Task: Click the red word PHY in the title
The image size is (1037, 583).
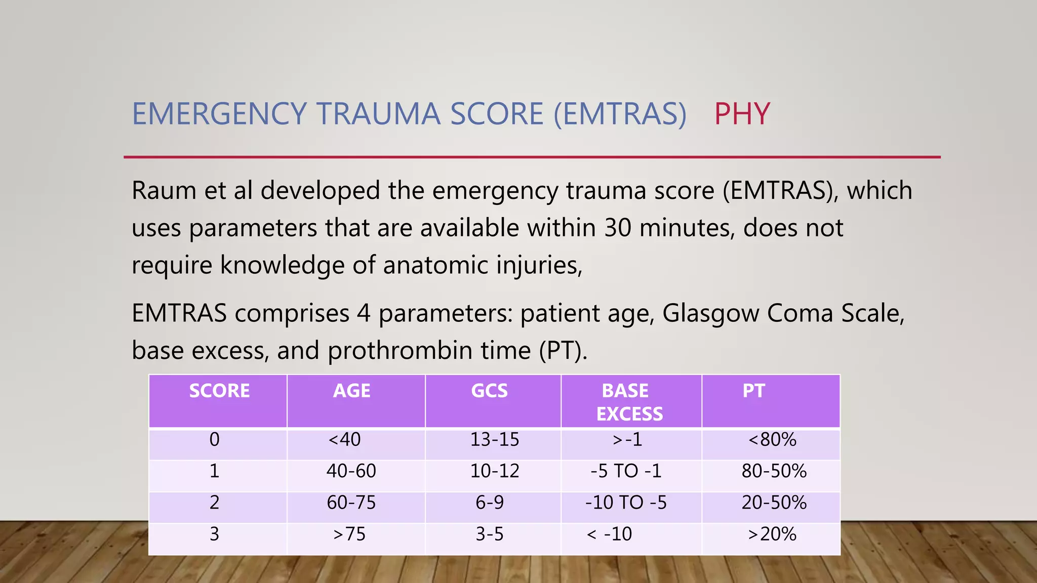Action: [742, 114]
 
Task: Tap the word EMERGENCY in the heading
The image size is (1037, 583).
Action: [219, 114]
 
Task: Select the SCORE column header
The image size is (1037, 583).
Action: [219, 391]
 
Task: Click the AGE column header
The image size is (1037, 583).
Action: [352, 391]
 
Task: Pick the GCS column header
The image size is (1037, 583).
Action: [489, 391]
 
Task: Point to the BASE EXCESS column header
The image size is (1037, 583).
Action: [629, 402]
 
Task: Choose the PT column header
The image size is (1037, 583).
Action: [753, 391]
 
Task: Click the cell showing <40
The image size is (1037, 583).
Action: [344, 439]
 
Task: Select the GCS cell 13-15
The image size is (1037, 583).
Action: [495, 439]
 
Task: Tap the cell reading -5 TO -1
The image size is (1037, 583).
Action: [626, 471]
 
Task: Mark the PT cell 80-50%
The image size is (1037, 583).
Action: [774, 471]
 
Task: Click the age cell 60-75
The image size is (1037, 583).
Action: [351, 503]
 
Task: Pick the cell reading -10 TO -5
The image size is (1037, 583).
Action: [626, 503]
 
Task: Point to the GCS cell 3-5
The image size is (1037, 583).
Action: [489, 534]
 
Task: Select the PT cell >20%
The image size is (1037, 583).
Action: [772, 534]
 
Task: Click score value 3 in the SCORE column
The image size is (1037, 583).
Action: [214, 534]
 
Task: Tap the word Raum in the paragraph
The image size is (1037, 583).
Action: [164, 191]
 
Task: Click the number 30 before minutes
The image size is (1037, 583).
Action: [617, 228]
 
